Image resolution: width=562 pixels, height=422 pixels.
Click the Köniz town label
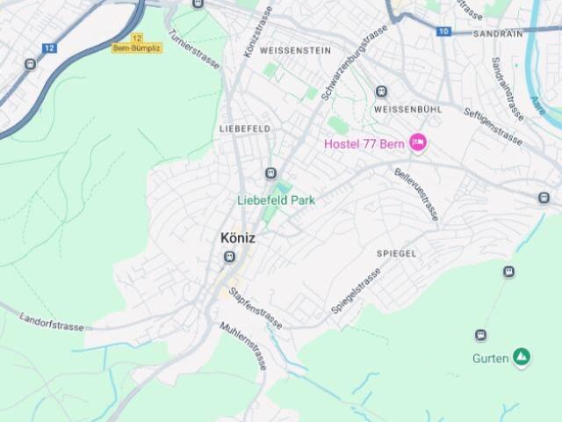pyautogui.click(x=238, y=237)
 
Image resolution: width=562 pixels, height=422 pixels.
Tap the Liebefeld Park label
pyautogui.click(x=276, y=200)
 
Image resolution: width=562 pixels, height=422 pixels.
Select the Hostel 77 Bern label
pyautogui.click(x=363, y=143)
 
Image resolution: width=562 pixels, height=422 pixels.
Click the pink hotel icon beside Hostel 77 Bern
pyautogui.click(x=418, y=142)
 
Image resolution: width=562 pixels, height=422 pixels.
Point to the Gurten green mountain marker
pyautogui.click(x=522, y=356)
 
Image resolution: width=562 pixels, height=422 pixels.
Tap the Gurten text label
pyautogui.click(x=490, y=359)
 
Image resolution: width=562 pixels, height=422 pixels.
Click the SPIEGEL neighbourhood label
pyautogui.click(x=396, y=253)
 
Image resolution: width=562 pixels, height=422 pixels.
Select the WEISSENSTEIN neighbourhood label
pyautogui.click(x=282, y=51)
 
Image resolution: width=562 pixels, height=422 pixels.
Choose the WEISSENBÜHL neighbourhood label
pyautogui.click(x=407, y=109)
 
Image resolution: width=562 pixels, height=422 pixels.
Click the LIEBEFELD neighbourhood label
pyautogui.click(x=244, y=128)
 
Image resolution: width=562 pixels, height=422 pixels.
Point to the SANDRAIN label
pyautogui.click(x=497, y=33)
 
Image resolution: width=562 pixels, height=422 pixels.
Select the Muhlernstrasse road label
pyautogui.click(x=244, y=346)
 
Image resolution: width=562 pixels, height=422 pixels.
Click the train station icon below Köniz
pyautogui.click(x=230, y=257)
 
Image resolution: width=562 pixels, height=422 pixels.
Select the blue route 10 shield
pyautogui.click(x=443, y=32)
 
